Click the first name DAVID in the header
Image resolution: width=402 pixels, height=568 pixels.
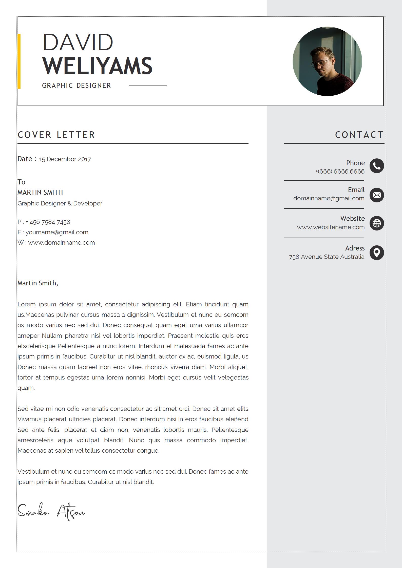pyautogui.click(x=78, y=42)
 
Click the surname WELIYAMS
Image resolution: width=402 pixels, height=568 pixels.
pyautogui.click(x=97, y=66)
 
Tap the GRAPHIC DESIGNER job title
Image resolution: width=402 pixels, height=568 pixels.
pyautogui.click(x=76, y=86)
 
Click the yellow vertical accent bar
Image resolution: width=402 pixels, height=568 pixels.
pyautogui.click(x=19, y=61)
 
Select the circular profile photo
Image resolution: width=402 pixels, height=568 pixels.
pyautogui.click(x=327, y=61)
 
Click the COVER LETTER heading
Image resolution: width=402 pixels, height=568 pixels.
pyautogui.click(x=56, y=135)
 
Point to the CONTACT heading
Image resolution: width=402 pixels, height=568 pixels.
pyautogui.click(x=359, y=135)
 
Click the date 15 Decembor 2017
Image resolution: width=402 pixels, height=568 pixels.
pyautogui.click(x=65, y=159)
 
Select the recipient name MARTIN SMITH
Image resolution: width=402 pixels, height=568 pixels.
pyautogui.click(x=40, y=193)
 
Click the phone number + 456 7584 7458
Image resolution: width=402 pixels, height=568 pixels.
pyautogui.click(x=48, y=222)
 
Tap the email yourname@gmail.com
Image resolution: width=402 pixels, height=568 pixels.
pyautogui.click(x=57, y=232)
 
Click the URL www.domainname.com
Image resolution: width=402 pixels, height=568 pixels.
pyautogui.click(x=62, y=243)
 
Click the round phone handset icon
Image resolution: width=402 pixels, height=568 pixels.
pyautogui.click(x=377, y=166)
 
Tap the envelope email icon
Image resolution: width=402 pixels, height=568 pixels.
pyautogui.click(x=377, y=195)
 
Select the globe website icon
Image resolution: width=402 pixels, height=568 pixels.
pyautogui.click(x=377, y=223)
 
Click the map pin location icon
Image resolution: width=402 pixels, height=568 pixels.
pyautogui.click(x=377, y=253)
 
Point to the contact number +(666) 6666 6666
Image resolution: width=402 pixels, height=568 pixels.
pyautogui.click(x=340, y=172)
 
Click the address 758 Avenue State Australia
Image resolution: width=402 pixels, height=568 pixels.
pyautogui.click(x=327, y=257)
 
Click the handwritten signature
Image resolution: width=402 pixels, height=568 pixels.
pyautogui.click(x=51, y=511)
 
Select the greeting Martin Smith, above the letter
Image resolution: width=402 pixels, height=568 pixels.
pyautogui.click(x=38, y=283)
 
